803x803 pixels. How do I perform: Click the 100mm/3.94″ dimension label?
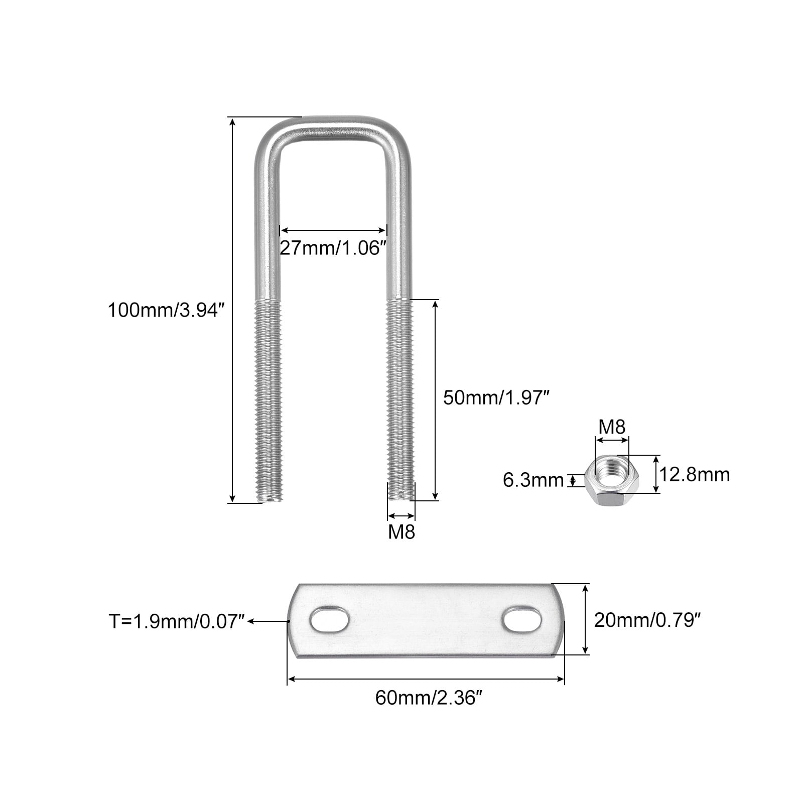tap(164, 310)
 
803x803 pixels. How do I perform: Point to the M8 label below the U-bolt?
tap(401, 531)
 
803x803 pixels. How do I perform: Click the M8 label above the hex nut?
tap(612, 427)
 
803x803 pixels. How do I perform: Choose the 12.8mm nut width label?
tap(695, 474)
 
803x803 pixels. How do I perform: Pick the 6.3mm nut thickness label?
tap(533, 480)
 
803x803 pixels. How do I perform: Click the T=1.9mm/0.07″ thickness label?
tap(177, 621)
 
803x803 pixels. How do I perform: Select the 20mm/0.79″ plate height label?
tap(647, 620)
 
